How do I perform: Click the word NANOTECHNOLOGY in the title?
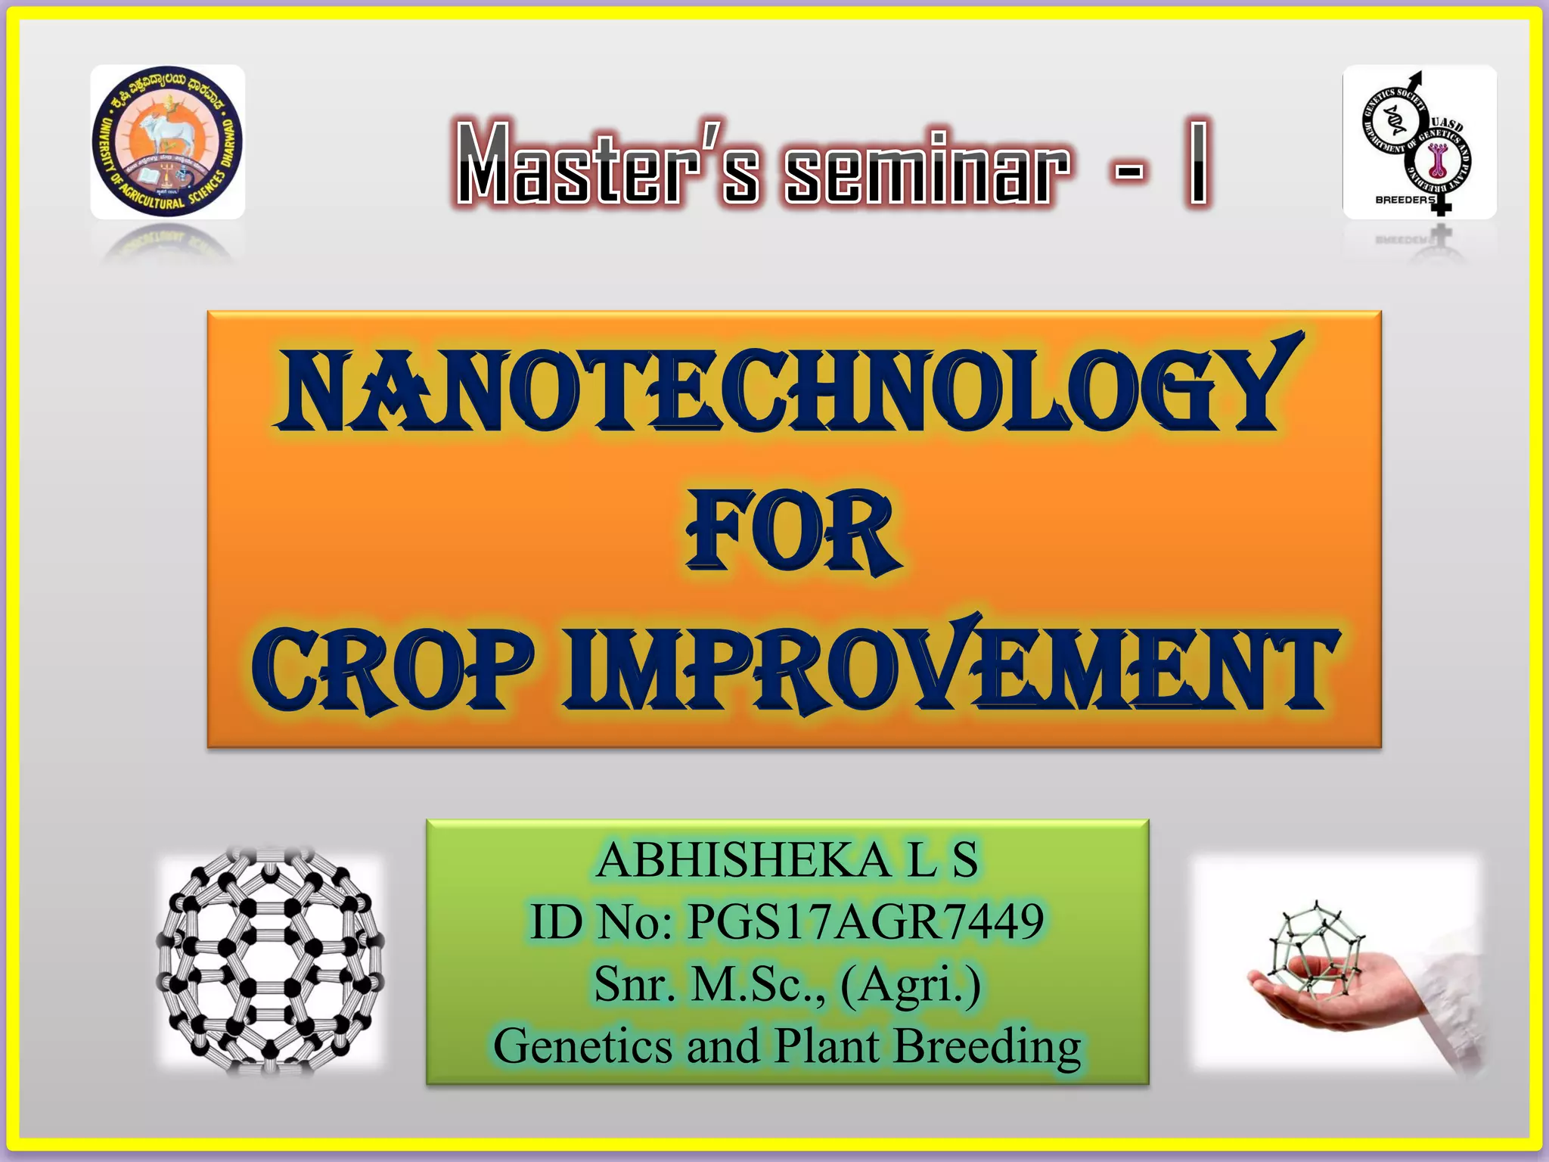[x=787, y=390]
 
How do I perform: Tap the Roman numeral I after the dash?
[x=1197, y=163]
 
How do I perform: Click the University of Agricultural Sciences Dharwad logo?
[x=168, y=141]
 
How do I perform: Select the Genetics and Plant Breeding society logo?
[x=1419, y=141]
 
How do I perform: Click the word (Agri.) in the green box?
[x=911, y=985]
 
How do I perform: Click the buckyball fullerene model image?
[x=270, y=961]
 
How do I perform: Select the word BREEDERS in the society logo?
[x=1404, y=200]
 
